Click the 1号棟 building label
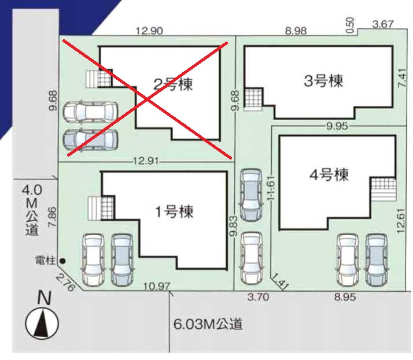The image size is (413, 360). point(174,212)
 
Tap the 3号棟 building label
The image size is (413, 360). point(323,81)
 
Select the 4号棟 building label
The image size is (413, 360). point(329,175)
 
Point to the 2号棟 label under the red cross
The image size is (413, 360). point(173,84)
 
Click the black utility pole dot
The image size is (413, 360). point(62,261)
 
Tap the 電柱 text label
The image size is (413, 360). point(45,261)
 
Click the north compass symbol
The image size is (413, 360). point(42,323)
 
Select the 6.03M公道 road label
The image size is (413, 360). point(208,324)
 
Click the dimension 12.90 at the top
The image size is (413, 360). point(149,31)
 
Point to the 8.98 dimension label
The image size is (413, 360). point(296,31)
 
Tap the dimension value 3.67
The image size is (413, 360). point(383,24)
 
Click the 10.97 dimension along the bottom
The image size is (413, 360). point(157,286)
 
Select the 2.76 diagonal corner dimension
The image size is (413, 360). point(65,283)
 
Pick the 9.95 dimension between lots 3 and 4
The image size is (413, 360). point(337,127)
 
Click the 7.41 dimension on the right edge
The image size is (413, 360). point(402,78)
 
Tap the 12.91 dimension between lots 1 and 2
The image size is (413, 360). point(146,161)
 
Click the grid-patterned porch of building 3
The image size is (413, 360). point(254,98)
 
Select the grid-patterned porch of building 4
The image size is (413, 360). point(384,183)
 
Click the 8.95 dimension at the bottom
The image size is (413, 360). point(345,297)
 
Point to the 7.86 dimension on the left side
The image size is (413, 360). point(53,217)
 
